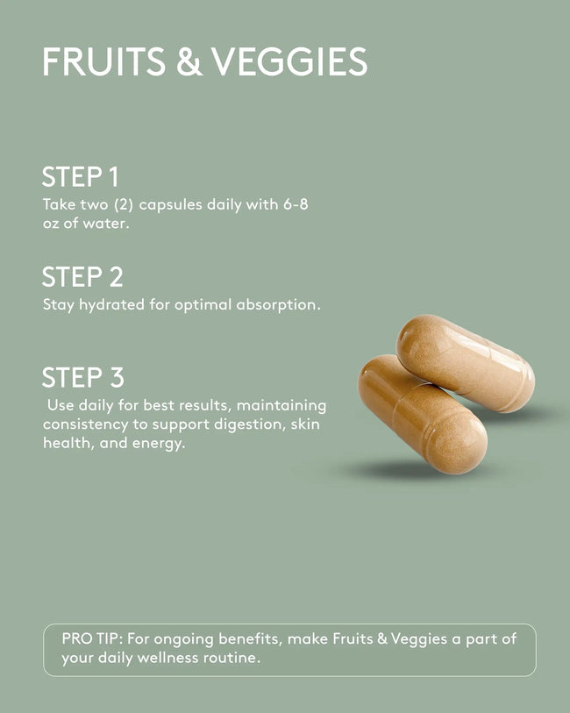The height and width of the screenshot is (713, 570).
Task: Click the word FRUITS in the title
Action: pos(104,61)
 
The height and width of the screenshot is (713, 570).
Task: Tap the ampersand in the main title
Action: pos(189,61)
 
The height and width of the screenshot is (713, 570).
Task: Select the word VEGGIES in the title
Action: pos(290,61)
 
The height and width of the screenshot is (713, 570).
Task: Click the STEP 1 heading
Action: pos(81,177)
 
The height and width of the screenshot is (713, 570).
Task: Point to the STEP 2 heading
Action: pos(82,277)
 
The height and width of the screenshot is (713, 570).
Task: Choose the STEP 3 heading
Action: pos(83,377)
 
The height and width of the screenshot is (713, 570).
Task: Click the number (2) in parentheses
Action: pos(124,204)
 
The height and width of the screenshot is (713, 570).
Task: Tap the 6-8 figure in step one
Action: pos(296,204)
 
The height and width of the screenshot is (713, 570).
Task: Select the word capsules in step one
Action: pos(170,205)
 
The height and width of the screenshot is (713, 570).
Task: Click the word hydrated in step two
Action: pos(112,304)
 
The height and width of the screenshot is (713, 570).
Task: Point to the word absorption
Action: pos(278,304)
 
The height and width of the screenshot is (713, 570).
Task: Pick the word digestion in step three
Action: pos(250,424)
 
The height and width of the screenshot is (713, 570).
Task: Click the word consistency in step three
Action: pos(85,424)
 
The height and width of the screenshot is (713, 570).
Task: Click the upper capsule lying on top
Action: pos(466,363)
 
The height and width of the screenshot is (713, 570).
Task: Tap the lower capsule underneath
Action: pos(423,414)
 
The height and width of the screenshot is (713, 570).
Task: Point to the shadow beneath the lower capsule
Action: pos(400,469)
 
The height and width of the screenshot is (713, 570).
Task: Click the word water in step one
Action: pos(106,224)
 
